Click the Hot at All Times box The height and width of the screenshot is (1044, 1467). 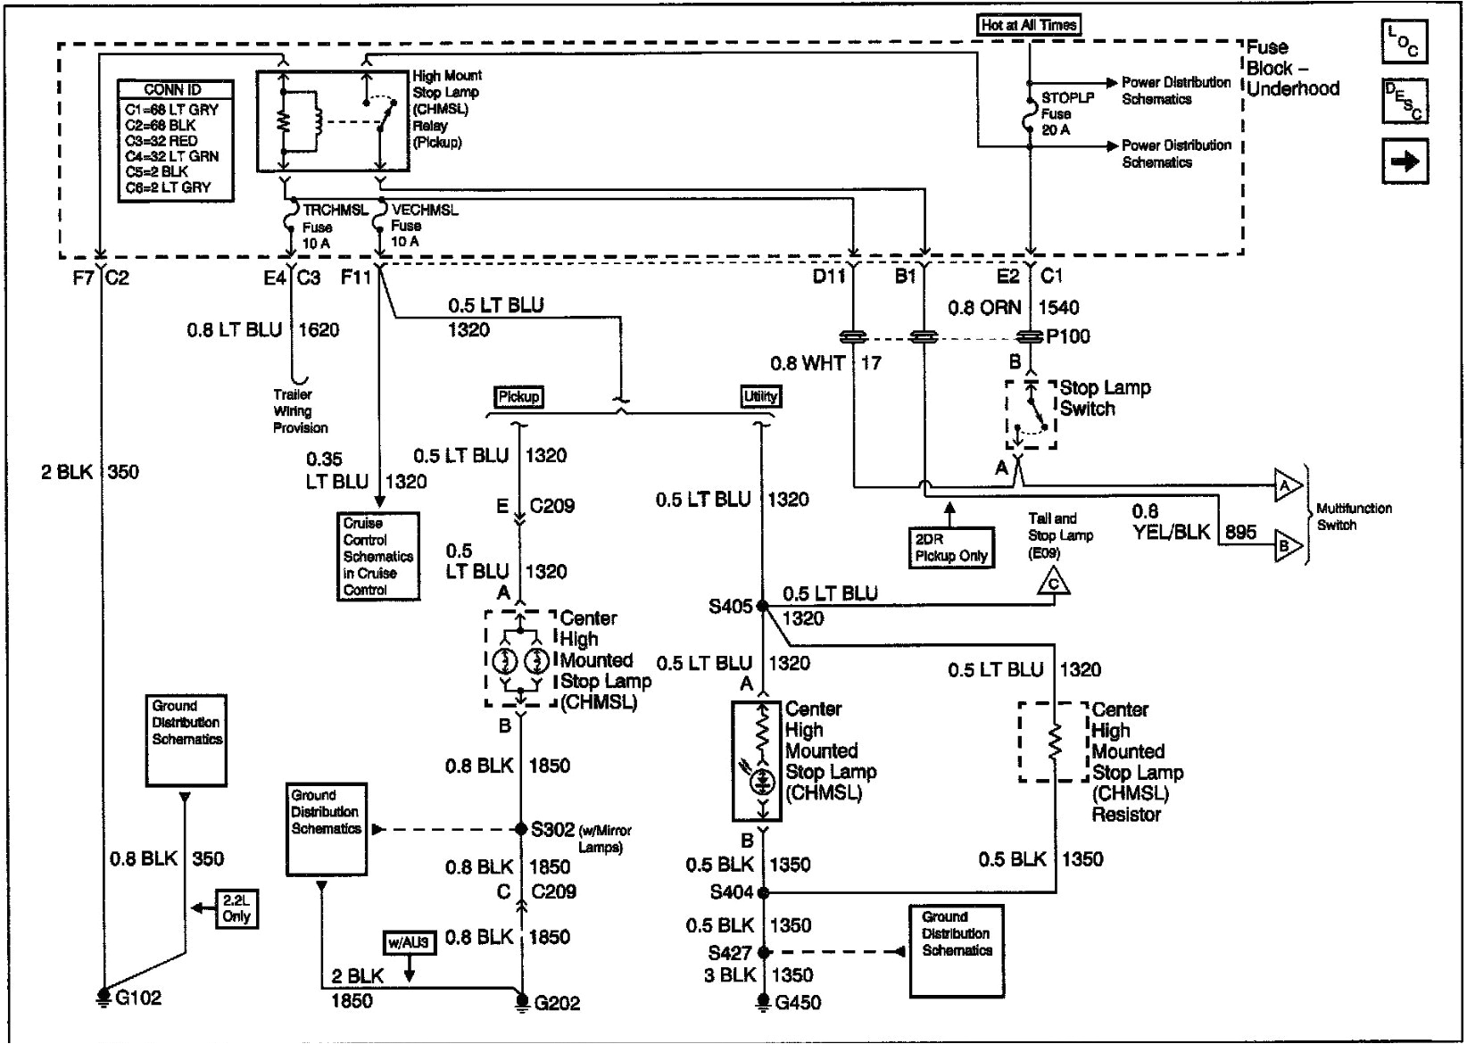tap(1029, 25)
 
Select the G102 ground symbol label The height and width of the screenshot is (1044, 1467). tap(138, 997)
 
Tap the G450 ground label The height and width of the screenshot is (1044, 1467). tap(798, 1002)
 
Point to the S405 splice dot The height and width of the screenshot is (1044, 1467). tap(762, 606)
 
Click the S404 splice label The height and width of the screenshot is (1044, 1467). tap(731, 891)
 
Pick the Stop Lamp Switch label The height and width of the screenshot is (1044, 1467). tap(1105, 398)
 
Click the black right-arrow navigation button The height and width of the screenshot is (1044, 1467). tap(1405, 162)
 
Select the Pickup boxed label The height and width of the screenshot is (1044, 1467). tap(518, 396)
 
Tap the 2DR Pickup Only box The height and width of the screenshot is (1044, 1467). tap(950, 548)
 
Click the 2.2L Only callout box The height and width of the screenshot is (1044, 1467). tap(236, 908)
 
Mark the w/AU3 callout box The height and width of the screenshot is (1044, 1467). tap(409, 942)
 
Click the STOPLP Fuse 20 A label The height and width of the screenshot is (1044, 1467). tap(1066, 113)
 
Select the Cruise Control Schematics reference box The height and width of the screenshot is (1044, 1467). tap(377, 556)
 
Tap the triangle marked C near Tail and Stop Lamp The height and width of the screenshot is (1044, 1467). tap(1054, 584)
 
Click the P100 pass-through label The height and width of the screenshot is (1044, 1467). tap(1068, 336)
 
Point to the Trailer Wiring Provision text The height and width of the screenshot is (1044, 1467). tap(300, 410)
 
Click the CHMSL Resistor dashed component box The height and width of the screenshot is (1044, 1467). tap(1055, 742)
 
